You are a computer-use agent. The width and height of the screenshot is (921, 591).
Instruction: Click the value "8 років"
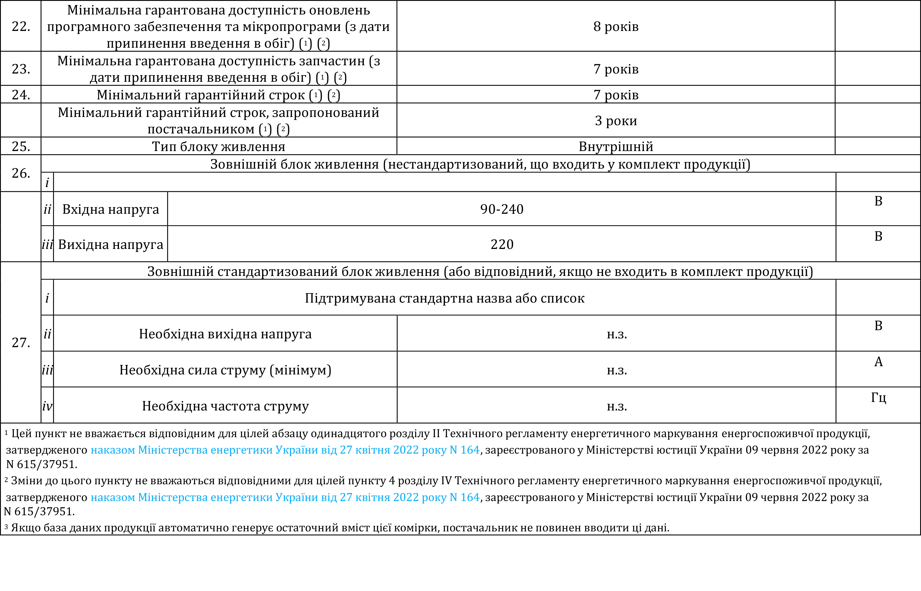pos(616,26)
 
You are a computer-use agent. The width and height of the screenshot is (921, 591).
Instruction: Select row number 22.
pos(21,26)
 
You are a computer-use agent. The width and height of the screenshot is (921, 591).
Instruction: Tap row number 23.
pos(21,69)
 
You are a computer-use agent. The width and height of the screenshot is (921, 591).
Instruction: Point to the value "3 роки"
pos(616,121)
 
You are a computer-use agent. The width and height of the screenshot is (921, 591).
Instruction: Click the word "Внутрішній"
pos(616,146)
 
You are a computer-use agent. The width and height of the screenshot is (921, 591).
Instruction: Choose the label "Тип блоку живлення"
pos(218,146)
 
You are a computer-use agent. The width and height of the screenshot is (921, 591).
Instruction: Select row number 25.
pos(21,146)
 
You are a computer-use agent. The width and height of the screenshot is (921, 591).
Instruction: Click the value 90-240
pos(502,209)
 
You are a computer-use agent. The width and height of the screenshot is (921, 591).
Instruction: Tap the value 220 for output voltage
pos(502,244)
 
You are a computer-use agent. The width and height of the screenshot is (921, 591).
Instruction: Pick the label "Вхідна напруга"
pos(110,209)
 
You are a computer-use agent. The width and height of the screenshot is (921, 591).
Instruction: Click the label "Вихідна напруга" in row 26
pos(110,244)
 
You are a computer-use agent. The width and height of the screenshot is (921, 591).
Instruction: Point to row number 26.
pos(21,173)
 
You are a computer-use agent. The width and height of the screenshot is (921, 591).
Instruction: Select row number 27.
pos(21,343)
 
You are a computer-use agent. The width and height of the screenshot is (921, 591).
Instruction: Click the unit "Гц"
pos(878,398)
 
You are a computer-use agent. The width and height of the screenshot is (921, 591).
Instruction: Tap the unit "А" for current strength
pos(878,362)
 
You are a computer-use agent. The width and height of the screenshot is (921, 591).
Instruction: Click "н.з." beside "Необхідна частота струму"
pos(617,406)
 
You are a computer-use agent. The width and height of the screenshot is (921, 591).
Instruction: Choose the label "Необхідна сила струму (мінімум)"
pos(225,370)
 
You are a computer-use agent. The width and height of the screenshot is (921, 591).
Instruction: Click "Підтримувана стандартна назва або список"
pos(445,298)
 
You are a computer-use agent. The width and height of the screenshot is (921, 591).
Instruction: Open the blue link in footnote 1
pos(285,450)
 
